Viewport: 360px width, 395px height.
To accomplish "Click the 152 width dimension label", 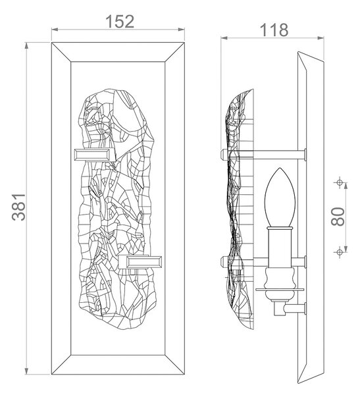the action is (120, 22).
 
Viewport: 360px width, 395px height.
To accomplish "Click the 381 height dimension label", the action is (18, 207).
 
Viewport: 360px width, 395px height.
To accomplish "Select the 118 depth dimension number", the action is (274, 30).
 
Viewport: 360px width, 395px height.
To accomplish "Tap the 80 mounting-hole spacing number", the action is (338, 217).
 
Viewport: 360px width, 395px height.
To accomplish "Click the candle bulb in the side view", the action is (280, 197).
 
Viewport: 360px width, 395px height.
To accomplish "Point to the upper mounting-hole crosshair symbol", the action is (340, 182).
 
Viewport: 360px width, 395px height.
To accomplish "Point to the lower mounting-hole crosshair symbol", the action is (340, 251).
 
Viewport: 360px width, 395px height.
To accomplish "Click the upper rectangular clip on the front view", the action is (92, 155).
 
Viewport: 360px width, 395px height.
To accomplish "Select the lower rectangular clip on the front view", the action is (143, 262).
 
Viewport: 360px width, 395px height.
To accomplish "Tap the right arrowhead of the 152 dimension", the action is (182, 30).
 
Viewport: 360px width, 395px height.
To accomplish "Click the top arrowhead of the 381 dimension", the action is (26, 46).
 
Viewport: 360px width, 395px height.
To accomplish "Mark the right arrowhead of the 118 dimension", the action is (321, 38).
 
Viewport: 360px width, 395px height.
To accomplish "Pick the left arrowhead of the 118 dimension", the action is (224, 38).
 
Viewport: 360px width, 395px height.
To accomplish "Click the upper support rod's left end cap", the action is (224, 154).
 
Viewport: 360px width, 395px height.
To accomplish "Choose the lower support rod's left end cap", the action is (224, 262).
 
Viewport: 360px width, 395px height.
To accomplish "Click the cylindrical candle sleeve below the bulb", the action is (280, 247).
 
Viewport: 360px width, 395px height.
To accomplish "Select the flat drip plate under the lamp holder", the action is (280, 290).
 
